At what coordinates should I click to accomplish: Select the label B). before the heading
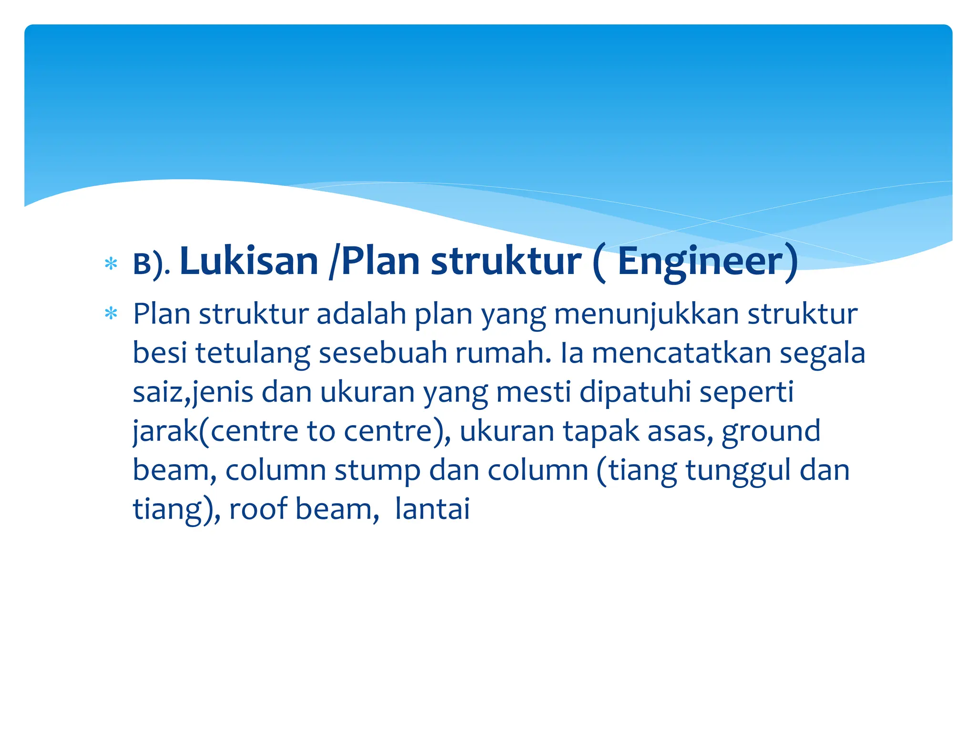151,264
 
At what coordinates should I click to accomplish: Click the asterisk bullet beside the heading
111,264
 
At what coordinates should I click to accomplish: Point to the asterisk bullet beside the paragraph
111,314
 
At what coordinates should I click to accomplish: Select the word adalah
361,315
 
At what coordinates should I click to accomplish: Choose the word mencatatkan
681,354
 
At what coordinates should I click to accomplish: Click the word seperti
746,393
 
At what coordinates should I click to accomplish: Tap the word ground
771,431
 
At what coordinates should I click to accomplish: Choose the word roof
258,509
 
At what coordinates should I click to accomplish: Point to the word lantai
432,509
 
